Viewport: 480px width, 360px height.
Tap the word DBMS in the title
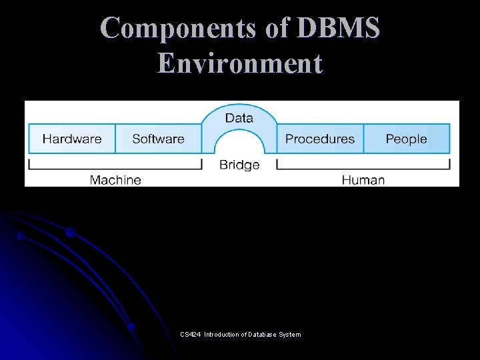point(339,29)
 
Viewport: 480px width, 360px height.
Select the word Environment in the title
point(240,64)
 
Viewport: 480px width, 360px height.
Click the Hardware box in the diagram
point(72,139)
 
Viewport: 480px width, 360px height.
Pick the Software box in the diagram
point(158,139)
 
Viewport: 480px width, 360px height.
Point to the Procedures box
point(320,139)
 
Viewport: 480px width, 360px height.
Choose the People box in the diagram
point(406,139)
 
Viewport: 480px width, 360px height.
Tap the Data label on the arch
point(239,118)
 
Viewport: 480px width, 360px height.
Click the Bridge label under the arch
point(239,165)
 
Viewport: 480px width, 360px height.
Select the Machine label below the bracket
point(115,180)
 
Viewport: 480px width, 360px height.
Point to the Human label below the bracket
point(363,180)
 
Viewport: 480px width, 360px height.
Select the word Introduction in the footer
point(221,335)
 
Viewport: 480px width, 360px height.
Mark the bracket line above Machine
point(115,168)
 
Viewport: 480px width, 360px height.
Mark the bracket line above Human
point(363,168)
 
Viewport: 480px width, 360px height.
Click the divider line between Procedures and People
point(364,139)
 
